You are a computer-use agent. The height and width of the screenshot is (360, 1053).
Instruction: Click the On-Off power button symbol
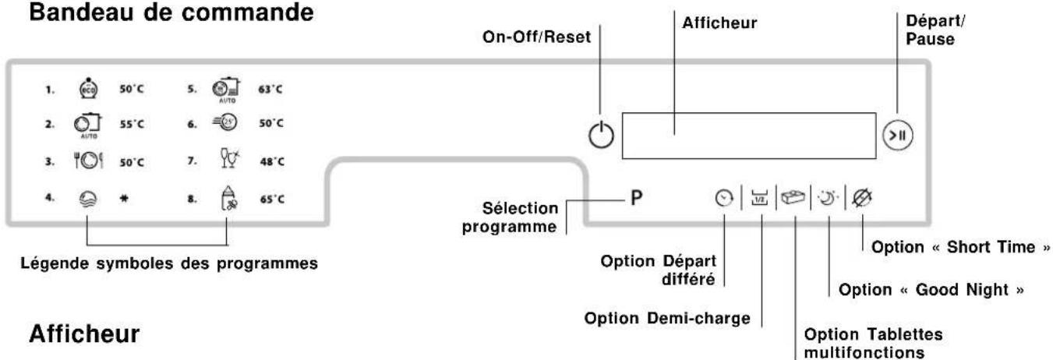click(x=601, y=135)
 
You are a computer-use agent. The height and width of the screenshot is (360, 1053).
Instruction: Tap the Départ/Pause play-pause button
click(x=898, y=136)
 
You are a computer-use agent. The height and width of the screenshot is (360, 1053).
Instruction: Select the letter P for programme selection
click(x=636, y=198)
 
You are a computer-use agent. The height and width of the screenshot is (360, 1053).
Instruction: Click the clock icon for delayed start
click(x=724, y=198)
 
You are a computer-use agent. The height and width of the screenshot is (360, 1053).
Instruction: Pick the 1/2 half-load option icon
click(x=759, y=198)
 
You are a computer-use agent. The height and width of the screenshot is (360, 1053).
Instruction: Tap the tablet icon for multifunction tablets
click(x=793, y=197)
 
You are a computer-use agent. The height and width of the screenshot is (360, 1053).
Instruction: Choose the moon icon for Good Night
click(x=828, y=198)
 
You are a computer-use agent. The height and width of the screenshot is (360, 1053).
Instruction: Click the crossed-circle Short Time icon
click(x=862, y=198)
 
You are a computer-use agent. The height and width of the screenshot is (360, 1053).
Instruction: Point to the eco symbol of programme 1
click(x=88, y=88)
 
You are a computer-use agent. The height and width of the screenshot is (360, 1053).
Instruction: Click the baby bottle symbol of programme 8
click(x=229, y=198)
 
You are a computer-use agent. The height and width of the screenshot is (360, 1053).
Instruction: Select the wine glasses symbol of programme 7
click(x=230, y=158)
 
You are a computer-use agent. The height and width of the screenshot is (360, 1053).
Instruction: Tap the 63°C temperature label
click(x=270, y=89)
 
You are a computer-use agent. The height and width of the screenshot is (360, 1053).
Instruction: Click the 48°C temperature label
click(x=272, y=161)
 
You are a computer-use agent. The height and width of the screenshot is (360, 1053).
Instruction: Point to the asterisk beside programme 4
click(x=124, y=199)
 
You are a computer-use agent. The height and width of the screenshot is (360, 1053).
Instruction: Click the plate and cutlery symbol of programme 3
click(x=88, y=161)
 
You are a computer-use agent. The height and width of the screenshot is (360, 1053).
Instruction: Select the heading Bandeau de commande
click(x=171, y=12)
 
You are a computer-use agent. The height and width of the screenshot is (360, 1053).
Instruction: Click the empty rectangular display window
click(x=749, y=136)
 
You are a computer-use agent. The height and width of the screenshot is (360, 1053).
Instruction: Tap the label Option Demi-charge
click(x=667, y=318)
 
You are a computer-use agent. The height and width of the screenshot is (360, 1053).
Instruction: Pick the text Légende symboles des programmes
click(x=169, y=263)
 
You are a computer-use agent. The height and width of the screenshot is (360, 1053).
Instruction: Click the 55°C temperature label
click(x=132, y=125)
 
